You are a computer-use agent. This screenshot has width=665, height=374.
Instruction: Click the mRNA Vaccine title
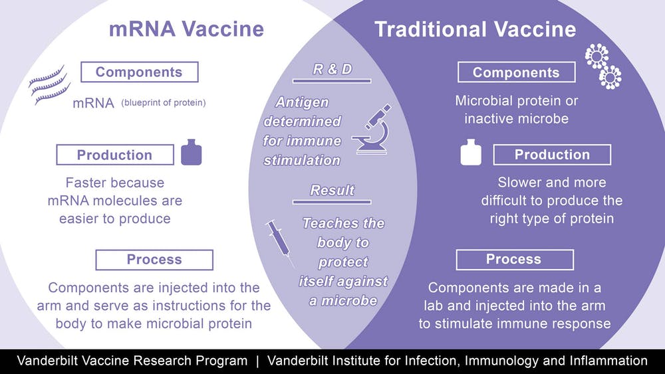pos(186,29)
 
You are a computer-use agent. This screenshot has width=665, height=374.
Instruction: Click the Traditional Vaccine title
pos(475,29)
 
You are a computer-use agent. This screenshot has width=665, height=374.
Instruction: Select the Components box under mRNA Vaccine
pos(139,72)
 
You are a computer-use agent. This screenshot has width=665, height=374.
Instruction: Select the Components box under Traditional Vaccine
pos(516,72)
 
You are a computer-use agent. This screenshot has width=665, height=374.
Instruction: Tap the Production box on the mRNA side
pos(114,155)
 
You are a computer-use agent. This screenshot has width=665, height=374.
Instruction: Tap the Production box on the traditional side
pos(552,155)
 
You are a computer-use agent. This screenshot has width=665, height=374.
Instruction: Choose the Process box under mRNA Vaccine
pos(154,260)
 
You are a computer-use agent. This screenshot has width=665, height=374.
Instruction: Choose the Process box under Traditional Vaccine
pos(514,259)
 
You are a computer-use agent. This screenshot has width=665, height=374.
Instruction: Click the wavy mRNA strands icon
pos(49,84)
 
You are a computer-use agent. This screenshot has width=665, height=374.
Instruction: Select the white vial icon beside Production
pos(471,153)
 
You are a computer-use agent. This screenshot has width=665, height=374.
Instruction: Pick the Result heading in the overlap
pos(332,191)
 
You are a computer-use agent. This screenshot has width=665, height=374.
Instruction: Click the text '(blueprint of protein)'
pos(163,102)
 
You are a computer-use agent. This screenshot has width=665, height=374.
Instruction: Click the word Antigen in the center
pos(303,103)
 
